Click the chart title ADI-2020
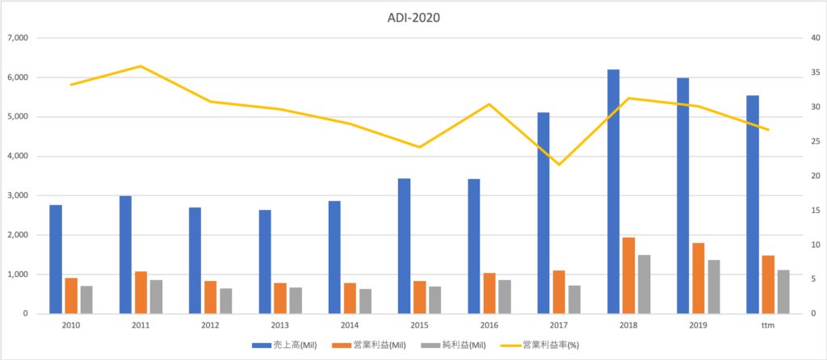pos(413,15)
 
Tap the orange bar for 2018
pos(628,275)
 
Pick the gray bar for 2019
pos(714,287)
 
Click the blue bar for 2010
pos(56,259)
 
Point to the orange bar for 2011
pos(141,292)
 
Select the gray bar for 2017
pos(574,299)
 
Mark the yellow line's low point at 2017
pos(559,165)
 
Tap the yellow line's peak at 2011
pos(141,66)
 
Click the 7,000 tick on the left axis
pos(17,38)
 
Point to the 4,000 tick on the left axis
pos(17,157)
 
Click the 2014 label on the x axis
pos(350,324)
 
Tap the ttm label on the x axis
pos(767,324)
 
